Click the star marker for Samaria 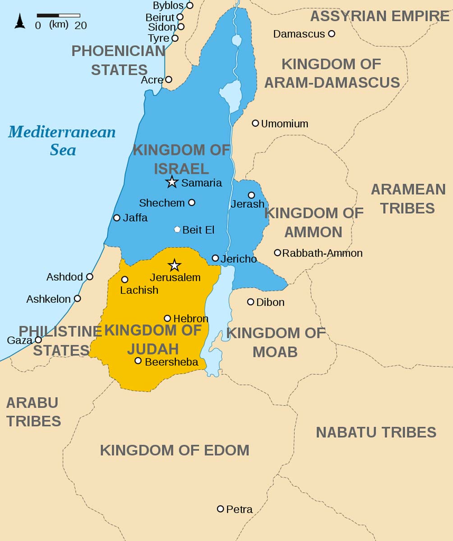click(171, 182)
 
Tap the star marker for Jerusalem click(174, 265)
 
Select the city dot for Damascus click(331, 34)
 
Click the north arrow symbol click(20, 21)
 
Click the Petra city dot click(220, 509)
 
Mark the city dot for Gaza click(38, 340)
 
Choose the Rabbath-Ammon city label click(322, 253)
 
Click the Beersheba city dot click(138, 361)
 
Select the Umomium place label click(284, 124)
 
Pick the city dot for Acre click(169, 80)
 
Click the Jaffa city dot click(117, 218)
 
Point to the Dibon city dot click(251, 302)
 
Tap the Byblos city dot click(190, 5)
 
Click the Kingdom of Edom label click(174, 450)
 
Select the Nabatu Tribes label click(376, 432)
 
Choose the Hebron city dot click(167, 318)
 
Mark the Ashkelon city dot click(78, 298)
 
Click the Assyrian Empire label click(380, 16)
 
